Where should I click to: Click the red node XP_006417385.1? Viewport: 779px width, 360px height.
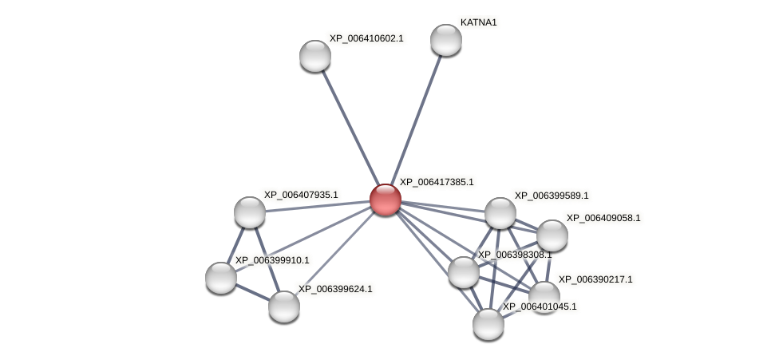(385, 200)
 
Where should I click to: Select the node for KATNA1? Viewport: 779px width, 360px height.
(445, 40)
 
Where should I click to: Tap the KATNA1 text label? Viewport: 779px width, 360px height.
(478, 22)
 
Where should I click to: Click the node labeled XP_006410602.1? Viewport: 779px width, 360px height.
(315, 56)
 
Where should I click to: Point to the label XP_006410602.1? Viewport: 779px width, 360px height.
(366, 38)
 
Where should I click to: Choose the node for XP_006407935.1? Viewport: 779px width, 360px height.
(250, 212)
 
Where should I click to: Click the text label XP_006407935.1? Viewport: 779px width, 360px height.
(301, 195)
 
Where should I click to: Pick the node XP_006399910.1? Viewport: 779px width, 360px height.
(221, 278)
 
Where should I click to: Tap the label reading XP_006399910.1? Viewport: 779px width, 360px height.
(271, 260)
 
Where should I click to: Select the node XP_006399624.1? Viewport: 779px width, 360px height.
(283, 307)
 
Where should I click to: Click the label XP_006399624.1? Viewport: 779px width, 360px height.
(335, 289)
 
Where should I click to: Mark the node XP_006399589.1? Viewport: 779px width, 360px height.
(500, 213)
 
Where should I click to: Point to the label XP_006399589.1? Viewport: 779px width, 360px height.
(552, 196)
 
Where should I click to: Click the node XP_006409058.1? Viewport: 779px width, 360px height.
(552, 235)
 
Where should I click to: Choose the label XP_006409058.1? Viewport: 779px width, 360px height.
(603, 218)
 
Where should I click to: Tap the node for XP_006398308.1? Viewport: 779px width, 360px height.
(463, 272)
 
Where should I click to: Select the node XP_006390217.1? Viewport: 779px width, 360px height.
(544, 297)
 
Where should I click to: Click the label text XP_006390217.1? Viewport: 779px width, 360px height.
(595, 279)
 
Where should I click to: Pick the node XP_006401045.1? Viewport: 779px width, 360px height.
(488, 324)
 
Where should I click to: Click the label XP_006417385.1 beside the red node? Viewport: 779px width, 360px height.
(437, 182)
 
